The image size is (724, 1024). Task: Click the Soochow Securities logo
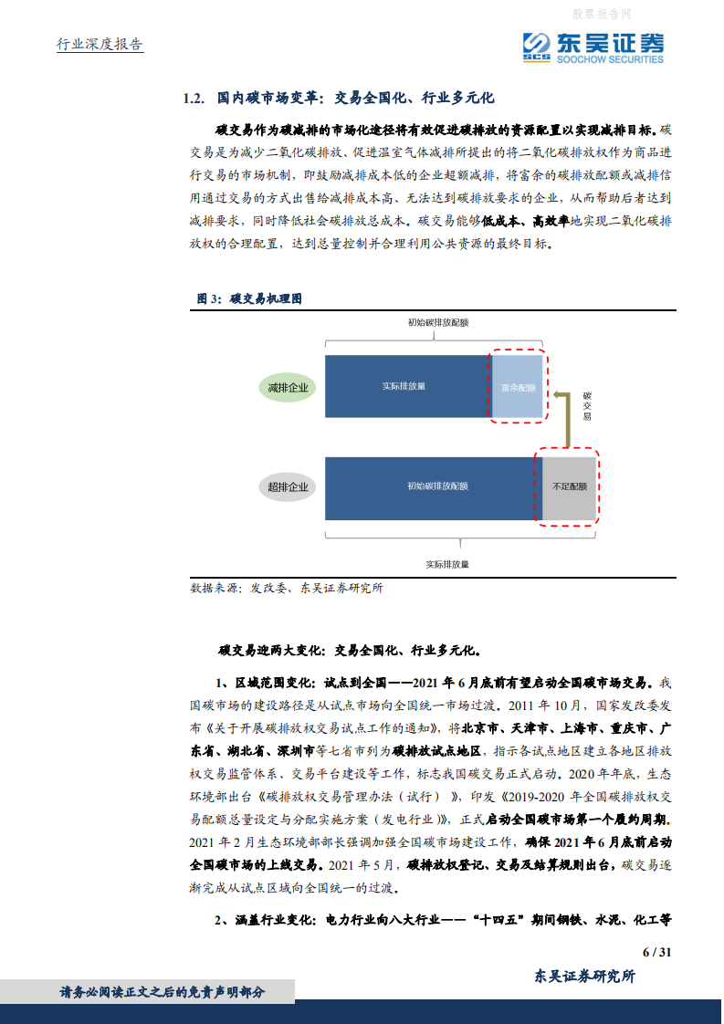click(x=593, y=46)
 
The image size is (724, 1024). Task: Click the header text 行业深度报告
click(x=100, y=45)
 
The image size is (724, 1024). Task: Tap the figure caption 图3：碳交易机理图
click(x=249, y=298)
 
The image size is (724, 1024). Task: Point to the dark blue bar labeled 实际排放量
click(x=404, y=386)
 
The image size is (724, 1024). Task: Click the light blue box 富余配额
click(x=518, y=387)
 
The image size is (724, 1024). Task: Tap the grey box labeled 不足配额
click(x=569, y=487)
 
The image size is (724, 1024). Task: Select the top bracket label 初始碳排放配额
click(x=437, y=322)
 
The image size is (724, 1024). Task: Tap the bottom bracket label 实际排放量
click(x=447, y=564)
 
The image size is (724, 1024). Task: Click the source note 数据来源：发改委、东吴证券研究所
click(x=287, y=588)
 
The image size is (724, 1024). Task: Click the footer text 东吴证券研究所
click(x=584, y=976)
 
